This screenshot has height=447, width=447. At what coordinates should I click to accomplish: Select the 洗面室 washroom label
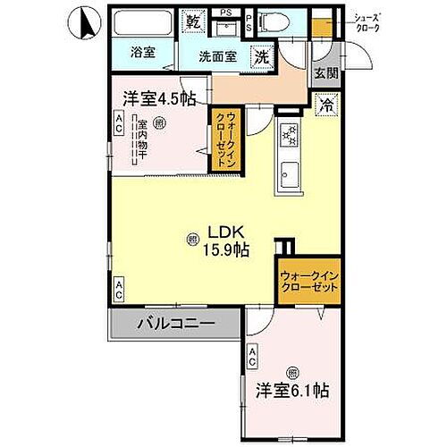coord(217,55)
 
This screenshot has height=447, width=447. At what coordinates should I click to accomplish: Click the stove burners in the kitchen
coord(289,135)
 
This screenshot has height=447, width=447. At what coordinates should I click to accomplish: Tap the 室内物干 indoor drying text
coord(141,142)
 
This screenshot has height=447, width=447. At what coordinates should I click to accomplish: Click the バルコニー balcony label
coord(175,324)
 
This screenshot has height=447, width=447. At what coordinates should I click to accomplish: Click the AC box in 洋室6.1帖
coord(254,358)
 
